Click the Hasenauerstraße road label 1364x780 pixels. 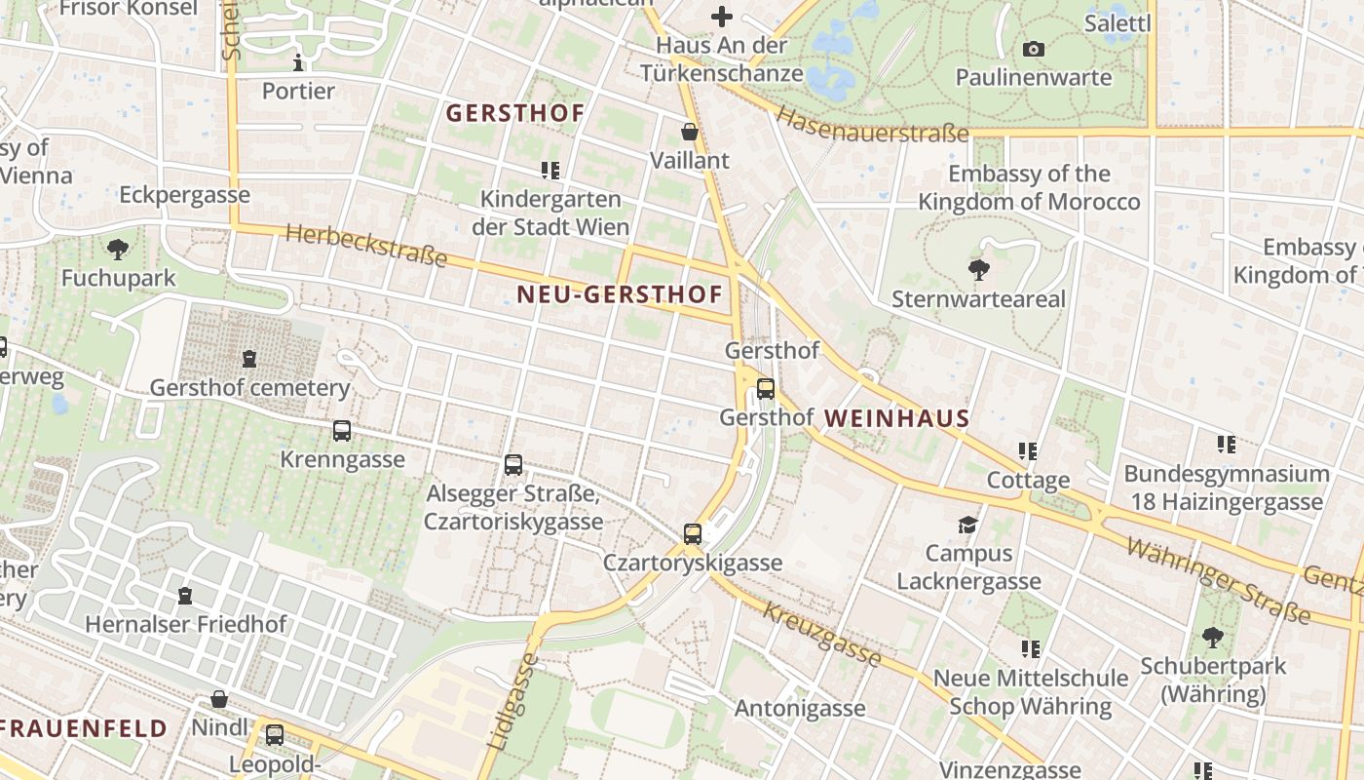click(x=872, y=124)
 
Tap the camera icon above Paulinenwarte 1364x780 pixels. click(x=1034, y=49)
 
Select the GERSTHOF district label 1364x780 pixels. click(x=515, y=113)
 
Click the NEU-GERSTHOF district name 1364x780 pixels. click(x=620, y=294)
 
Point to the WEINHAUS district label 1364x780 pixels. click(x=896, y=419)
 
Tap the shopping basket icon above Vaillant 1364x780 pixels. click(x=690, y=132)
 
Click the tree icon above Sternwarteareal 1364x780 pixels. click(x=978, y=270)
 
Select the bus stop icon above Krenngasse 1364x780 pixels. click(x=342, y=431)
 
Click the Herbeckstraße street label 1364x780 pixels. click(x=367, y=246)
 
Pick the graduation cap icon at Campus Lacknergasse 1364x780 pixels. click(x=967, y=526)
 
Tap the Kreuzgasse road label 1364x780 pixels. click(x=822, y=635)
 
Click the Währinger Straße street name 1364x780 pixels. click(x=1218, y=580)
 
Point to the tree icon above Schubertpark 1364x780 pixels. click(x=1213, y=639)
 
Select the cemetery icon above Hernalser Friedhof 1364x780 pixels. click(x=185, y=595)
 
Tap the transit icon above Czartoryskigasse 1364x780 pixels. click(x=693, y=534)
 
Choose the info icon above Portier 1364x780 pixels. click(x=298, y=63)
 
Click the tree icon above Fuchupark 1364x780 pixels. click(x=118, y=250)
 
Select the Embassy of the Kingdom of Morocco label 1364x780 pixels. click(x=1029, y=188)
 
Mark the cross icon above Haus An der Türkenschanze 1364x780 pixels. click(x=721, y=17)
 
